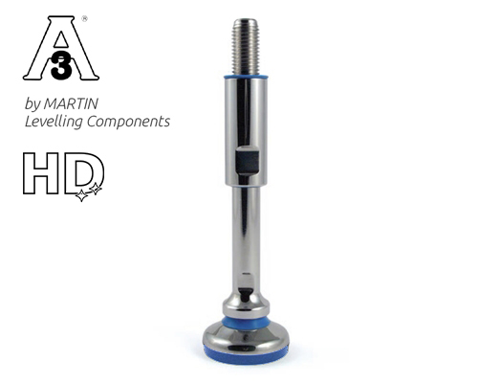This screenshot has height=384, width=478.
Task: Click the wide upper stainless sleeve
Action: pyautogui.click(x=246, y=124)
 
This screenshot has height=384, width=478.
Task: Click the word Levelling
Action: pyautogui.click(x=56, y=122)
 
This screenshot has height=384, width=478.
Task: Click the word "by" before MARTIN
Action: pyautogui.click(x=37, y=103)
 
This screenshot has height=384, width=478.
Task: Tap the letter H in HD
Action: pyautogui.click(x=43, y=173)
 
